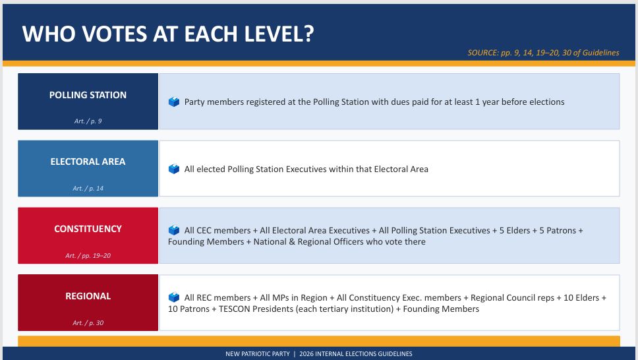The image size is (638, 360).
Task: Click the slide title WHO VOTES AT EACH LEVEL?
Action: [168, 34]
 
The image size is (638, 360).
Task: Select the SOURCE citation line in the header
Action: [543, 53]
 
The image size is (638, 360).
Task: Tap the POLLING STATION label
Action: [88, 95]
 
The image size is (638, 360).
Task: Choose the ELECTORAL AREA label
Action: [88, 162]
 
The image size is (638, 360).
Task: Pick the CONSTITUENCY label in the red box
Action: [88, 229]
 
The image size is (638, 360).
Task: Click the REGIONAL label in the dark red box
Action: [88, 296]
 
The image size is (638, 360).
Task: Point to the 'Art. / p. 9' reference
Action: [88, 121]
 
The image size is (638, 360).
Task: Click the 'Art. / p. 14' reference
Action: [88, 188]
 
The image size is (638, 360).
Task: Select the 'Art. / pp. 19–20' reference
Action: [88, 255]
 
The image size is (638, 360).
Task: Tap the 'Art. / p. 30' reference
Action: [88, 322]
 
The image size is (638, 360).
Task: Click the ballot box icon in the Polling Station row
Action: [174, 102]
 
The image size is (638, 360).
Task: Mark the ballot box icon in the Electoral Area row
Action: [174, 169]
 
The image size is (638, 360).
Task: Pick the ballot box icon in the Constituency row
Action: [174, 230]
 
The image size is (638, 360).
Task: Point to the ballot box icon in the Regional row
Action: [174, 297]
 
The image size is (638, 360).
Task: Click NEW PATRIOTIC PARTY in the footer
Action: [258, 354]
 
